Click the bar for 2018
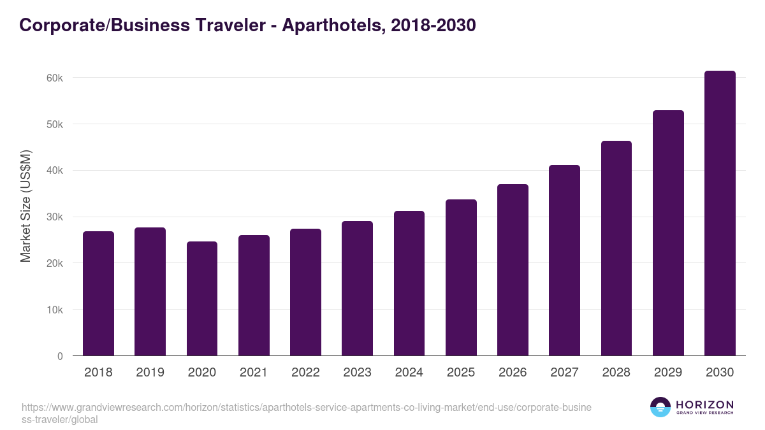click(98, 294)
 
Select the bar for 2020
click(202, 299)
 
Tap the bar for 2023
click(357, 289)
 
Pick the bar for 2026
click(513, 270)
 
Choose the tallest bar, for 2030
click(720, 213)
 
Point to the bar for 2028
click(616, 248)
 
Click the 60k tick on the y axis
click(55, 78)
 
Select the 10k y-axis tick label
click(55, 310)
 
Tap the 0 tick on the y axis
click(60, 356)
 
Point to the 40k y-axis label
click(55, 171)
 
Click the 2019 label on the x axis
click(150, 373)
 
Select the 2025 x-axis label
click(461, 373)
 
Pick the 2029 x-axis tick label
click(668, 373)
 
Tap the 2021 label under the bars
click(254, 373)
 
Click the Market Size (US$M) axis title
click(26, 205)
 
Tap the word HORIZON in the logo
click(704, 405)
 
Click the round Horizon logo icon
click(660, 407)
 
